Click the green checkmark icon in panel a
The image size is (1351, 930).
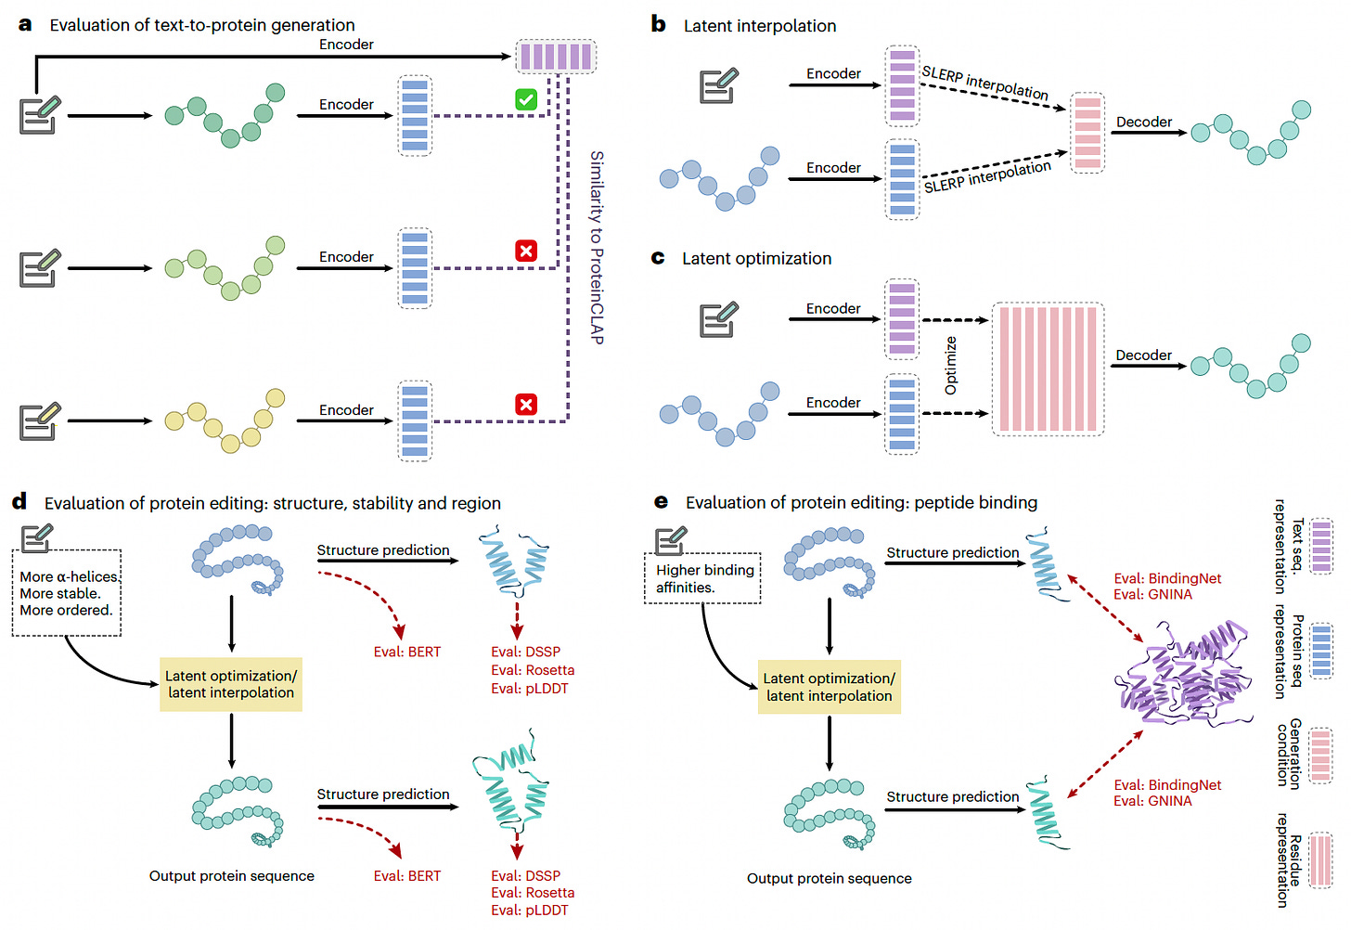tap(526, 99)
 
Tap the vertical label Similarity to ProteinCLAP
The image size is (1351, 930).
tap(597, 247)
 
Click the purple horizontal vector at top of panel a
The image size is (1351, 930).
tap(556, 57)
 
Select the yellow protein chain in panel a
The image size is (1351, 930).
tap(225, 420)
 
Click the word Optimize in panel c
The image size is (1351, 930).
tap(950, 366)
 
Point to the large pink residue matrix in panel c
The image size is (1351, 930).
tap(1048, 368)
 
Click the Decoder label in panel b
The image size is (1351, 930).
tap(1143, 122)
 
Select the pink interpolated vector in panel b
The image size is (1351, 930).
tap(1087, 133)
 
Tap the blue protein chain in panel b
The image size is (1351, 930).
tap(719, 178)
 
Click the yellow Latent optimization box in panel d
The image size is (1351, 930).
tap(231, 684)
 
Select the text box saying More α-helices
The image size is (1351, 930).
tap(67, 593)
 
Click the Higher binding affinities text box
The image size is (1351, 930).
tap(702, 578)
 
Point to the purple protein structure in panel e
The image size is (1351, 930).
tap(1182, 674)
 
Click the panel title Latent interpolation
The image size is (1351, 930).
tap(759, 26)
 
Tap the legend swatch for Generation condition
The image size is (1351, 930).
tap(1321, 756)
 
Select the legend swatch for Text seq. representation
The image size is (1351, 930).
tap(1322, 546)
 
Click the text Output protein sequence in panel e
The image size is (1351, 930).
tap(829, 878)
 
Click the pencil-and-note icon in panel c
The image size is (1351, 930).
tap(718, 319)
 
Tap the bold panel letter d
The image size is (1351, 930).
tap(19, 502)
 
